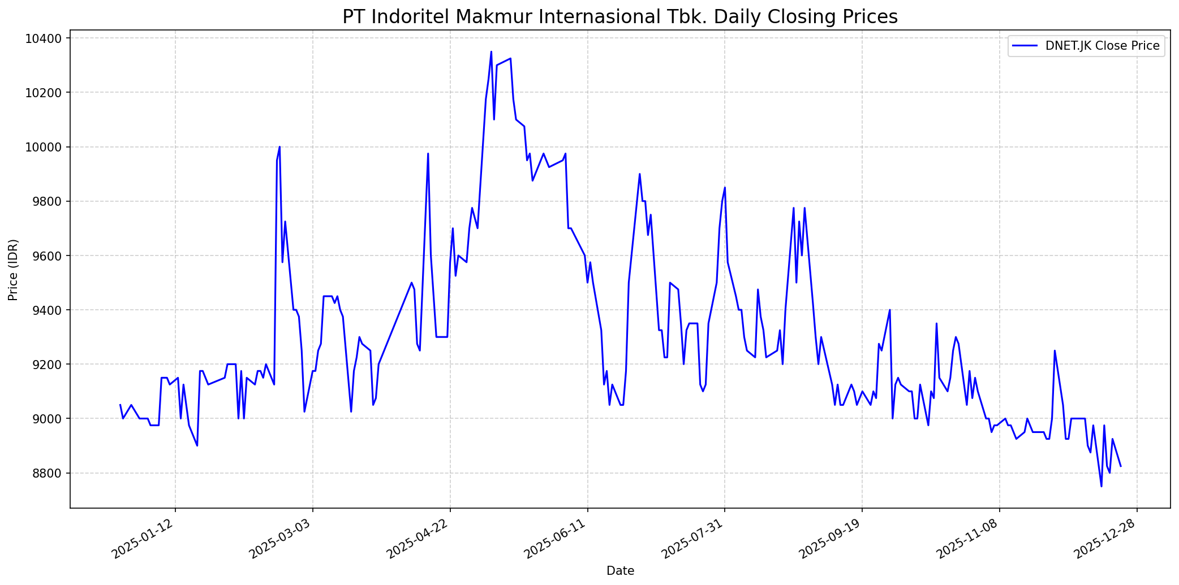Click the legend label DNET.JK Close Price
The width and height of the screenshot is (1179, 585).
(1102, 46)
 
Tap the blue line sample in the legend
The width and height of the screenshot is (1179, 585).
(1025, 46)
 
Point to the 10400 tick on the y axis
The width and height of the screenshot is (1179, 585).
(45, 38)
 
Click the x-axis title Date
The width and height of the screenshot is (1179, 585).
(620, 571)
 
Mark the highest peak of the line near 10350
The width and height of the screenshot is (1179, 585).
(491, 52)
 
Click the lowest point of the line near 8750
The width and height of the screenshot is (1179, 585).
(1101, 486)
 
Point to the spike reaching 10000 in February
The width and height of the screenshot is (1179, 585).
(279, 147)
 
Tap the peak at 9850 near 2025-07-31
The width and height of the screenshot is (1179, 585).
(725, 188)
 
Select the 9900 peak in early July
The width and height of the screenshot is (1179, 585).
(639, 174)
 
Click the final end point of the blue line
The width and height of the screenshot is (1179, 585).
(1121, 466)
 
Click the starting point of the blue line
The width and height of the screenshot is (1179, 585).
(120, 405)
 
